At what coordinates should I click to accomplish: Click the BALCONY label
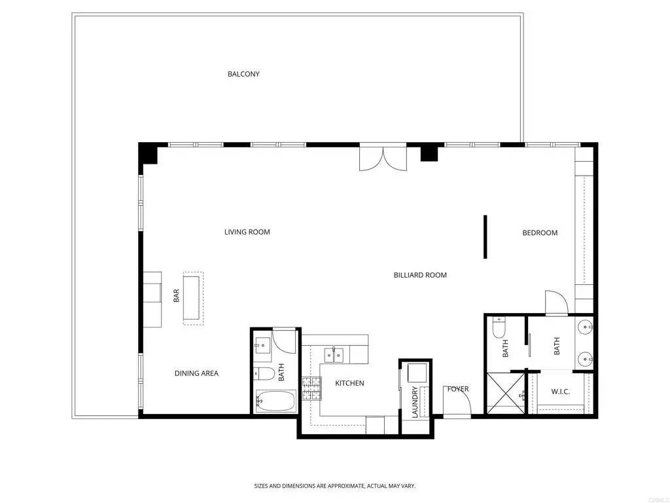(x=243, y=74)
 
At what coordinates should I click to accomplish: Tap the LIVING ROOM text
(x=247, y=232)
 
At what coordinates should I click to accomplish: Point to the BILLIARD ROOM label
(x=420, y=275)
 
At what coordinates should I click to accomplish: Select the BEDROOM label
(x=540, y=233)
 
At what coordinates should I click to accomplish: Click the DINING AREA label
(x=196, y=373)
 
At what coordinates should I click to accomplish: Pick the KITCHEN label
(x=349, y=383)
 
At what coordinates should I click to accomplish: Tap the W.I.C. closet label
(x=560, y=392)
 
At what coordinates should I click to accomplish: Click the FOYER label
(x=457, y=389)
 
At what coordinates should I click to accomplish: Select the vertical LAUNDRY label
(x=414, y=402)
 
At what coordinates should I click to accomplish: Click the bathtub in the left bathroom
(x=276, y=401)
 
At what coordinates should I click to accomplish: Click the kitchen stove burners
(x=311, y=389)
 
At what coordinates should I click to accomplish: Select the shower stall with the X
(x=506, y=393)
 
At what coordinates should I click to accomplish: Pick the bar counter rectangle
(x=192, y=298)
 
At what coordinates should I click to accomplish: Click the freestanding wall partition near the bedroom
(x=485, y=236)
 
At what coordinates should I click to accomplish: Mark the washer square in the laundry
(x=417, y=373)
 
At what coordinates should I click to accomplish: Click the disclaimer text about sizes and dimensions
(x=335, y=486)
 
